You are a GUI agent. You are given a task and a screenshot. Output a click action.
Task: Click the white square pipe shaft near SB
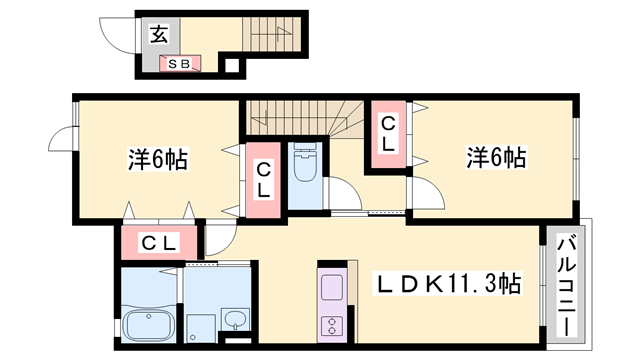pyautogui.click(x=231, y=67)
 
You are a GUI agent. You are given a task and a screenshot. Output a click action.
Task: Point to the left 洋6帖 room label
pyautogui.click(x=159, y=158)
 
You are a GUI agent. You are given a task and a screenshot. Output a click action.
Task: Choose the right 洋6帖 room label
pyautogui.click(x=496, y=157)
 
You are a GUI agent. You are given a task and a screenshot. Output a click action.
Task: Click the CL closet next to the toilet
pyautogui.click(x=264, y=181)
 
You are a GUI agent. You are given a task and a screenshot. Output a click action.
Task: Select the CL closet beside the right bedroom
pyautogui.click(x=387, y=133)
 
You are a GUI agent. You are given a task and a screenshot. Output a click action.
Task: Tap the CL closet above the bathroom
pyautogui.click(x=159, y=241)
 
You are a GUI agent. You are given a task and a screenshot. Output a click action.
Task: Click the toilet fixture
pyautogui.click(x=304, y=166)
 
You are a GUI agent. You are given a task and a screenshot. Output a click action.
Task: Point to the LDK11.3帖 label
pyautogui.click(x=446, y=283)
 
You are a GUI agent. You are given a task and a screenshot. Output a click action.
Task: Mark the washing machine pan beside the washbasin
pyautogui.click(x=201, y=325)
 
